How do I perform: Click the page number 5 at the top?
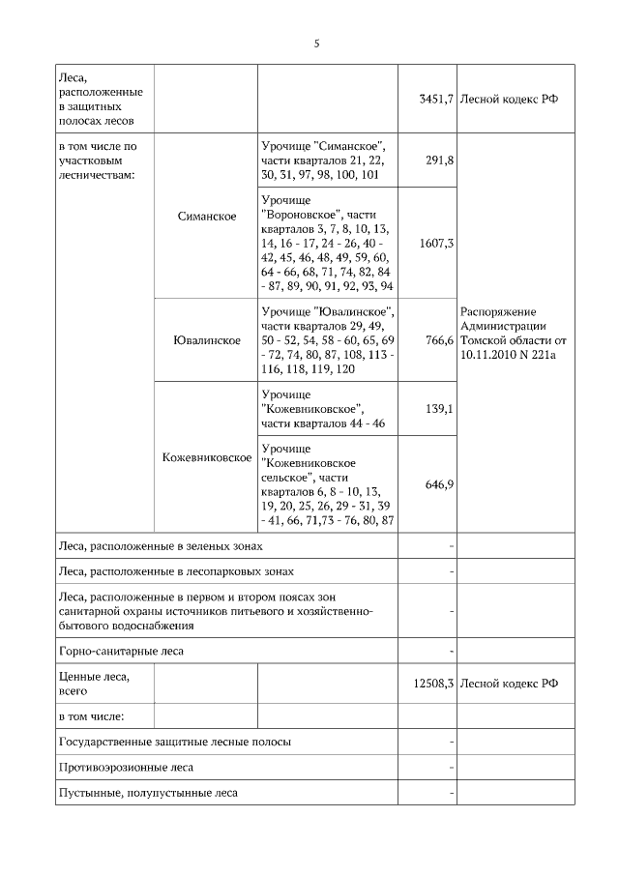coord(316,44)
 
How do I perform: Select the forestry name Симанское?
coord(207,217)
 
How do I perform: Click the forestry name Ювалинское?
coord(207,341)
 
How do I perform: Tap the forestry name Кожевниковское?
coord(207,456)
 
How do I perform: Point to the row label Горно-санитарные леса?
coord(121,651)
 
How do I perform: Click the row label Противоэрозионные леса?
coord(126,767)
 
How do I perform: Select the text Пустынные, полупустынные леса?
coord(148,792)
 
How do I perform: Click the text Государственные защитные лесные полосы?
coord(175,742)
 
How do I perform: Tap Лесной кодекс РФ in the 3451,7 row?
coord(510,99)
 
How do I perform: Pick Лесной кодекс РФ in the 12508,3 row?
coord(510,683)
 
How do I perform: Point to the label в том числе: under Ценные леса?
coord(92,716)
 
